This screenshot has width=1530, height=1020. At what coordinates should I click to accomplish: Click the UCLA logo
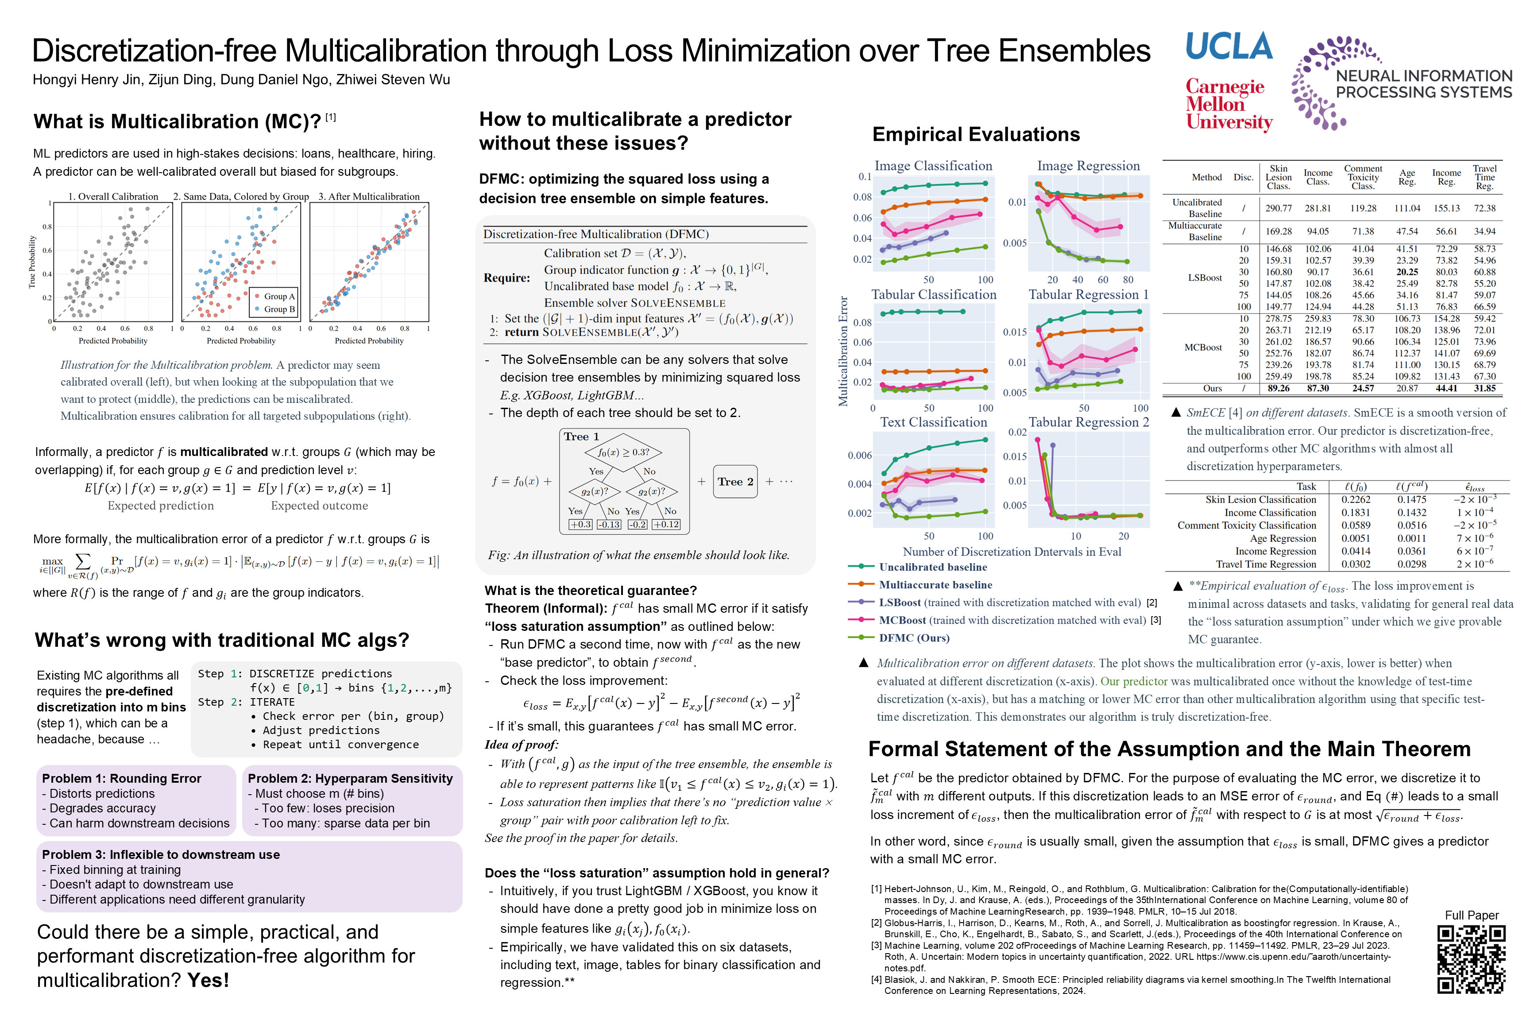pyautogui.click(x=1228, y=47)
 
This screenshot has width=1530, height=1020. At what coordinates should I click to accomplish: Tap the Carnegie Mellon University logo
pyautogui.click(x=1228, y=104)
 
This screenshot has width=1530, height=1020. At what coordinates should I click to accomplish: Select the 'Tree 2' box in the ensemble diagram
pyautogui.click(x=735, y=481)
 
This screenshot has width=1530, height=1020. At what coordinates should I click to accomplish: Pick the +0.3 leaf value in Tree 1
pyautogui.click(x=580, y=524)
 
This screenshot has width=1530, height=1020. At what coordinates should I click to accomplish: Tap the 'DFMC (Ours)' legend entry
pyautogui.click(x=913, y=638)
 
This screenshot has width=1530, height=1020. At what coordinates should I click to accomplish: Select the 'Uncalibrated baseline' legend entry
pyautogui.click(x=932, y=567)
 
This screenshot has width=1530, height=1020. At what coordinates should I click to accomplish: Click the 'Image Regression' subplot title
pyautogui.click(x=1088, y=166)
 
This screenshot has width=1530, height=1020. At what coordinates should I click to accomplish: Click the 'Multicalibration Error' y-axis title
pyautogui.click(x=844, y=351)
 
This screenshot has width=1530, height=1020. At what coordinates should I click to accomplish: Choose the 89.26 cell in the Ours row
pyautogui.click(x=1278, y=388)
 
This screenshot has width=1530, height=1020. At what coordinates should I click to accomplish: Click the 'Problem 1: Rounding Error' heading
pyautogui.click(x=122, y=779)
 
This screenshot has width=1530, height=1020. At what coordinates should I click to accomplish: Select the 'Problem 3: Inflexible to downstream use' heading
pyautogui.click(x=161, y=855)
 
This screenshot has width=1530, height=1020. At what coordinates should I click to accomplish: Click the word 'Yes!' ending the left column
pyautogui.click(x=208, y=980)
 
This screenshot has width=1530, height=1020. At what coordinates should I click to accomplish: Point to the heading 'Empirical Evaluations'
pyautogui.click(x=976, y=135)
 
